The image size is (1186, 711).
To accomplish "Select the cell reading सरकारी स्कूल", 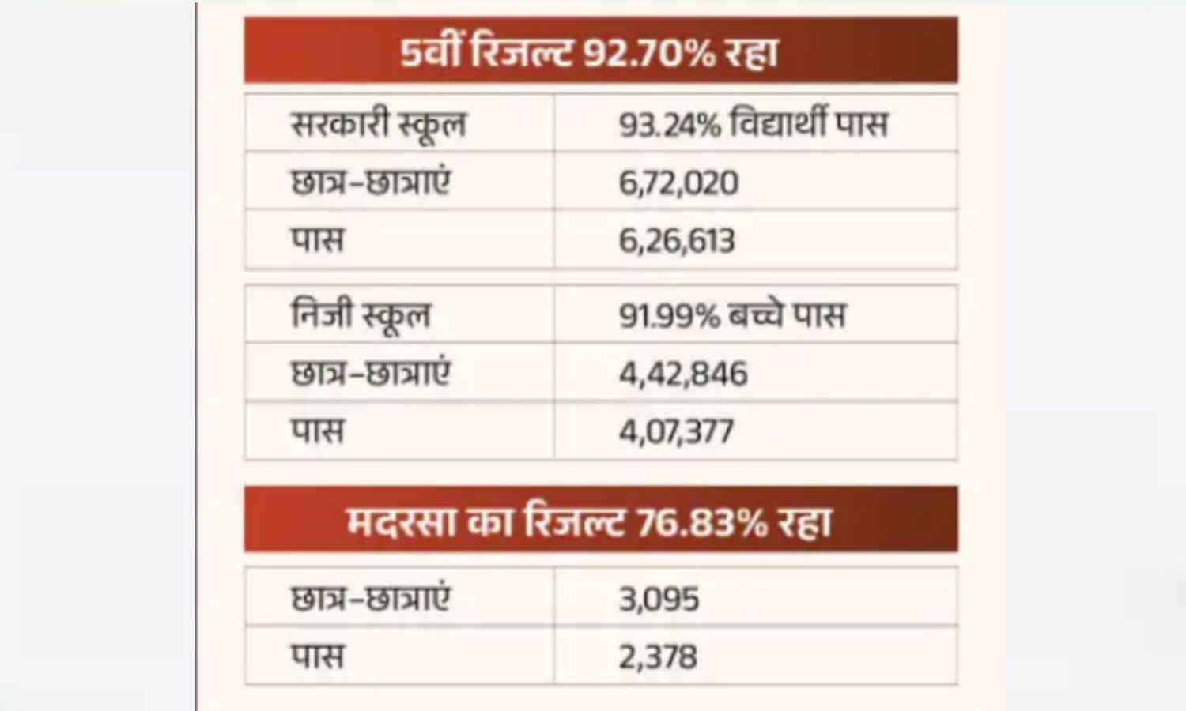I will pyautogui.click(x=379, y=125).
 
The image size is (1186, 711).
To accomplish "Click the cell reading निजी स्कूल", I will pyautogui.click(x=361, y=315).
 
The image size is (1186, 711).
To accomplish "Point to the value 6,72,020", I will pyautogui.click(x=678, y=182).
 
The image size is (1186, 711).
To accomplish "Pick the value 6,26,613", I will pyautogui.click(x=677, y=240).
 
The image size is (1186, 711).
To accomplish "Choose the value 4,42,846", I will pyautogui.click(x=682, y=374).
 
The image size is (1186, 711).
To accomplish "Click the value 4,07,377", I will pyautogui.click(x=676, y=431).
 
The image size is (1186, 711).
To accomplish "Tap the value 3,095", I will pyautogui.click(x=659, y=599).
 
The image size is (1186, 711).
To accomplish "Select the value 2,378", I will pyautogui.click(x=658, y=656).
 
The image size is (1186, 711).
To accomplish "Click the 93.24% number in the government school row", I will pyautogui.click(x=669, y=125).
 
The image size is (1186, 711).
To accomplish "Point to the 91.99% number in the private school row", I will pyautogui.click(x=669, y=315).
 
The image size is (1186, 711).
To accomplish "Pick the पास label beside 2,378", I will pyautogui.click(x=318, y=656).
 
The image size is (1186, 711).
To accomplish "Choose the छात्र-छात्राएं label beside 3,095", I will pyautogui.click(x=370, y=599).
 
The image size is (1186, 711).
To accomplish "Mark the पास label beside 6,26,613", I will pyautogui.click(x=318, y=240).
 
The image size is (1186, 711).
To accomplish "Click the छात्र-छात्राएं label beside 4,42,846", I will pyautogui.click(x=370, y=374).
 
